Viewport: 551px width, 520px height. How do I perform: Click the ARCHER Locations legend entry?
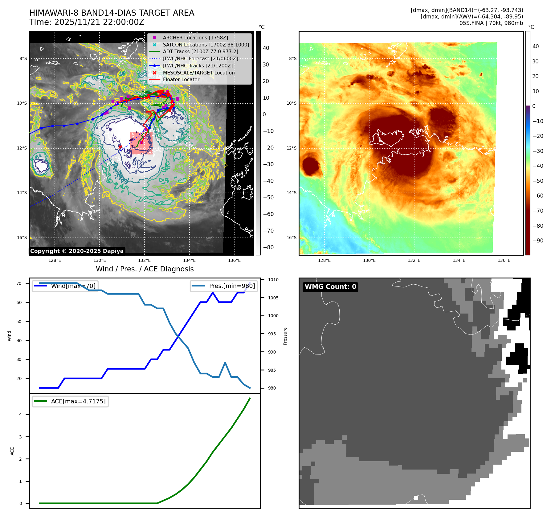point(195,38)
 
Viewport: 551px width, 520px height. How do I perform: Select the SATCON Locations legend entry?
point(206,45)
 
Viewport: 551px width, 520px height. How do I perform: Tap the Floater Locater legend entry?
point(181,79)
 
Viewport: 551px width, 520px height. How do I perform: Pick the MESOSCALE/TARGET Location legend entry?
point(198,73)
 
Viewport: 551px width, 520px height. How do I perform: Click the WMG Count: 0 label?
point(330,287)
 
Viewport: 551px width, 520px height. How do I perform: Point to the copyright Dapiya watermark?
point(77,251)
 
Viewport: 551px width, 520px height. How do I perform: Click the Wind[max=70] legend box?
point(65,286)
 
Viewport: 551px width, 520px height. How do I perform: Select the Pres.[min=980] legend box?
point(224,286)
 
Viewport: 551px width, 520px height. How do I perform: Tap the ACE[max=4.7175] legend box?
point(70,401)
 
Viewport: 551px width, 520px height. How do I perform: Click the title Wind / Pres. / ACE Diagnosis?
point(145,269)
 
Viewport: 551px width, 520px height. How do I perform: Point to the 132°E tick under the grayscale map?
point(144,260)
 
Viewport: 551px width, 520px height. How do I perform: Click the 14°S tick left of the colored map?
point(292,193)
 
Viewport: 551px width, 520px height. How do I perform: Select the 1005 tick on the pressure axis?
point(273,298)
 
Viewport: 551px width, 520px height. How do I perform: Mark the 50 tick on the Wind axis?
point(19,322)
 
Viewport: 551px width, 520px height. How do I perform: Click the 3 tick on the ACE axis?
point(21,437)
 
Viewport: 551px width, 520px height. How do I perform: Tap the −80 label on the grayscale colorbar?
point(268,247)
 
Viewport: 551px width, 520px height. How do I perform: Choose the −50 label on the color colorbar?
point(538,181)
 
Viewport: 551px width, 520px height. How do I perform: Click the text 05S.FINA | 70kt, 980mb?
point(491,23)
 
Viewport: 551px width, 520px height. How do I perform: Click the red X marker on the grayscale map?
point(120,147)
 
